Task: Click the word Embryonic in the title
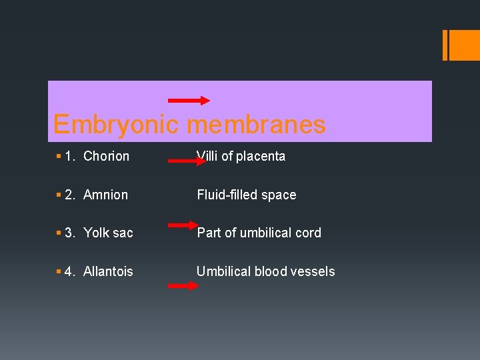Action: pyautogui.click(x=117, y=125)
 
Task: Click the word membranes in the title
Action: pyautogui.click(x=257, y=125)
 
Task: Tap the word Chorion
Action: pyautogui.click(x=107, y=156)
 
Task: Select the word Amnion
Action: pyautogui.click(x=106, y=195)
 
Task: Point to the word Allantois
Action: pyautogui.click(x=108, y=271)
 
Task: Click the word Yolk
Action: pyautogui.click(x=97, y=233)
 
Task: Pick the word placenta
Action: pyautogui.click(x=261, y=156)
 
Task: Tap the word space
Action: pyautogui.click(x=279, y=195)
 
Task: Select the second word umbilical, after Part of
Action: pyautogui.click(x=266, y=233)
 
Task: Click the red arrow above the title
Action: pyautogui.click(x=189, y=101)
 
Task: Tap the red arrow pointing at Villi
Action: pyautogui.click(x=187, y=161)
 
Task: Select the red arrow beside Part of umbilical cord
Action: pyautogui.click(x=183, y=226)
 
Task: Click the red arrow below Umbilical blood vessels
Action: pyautogui.click(x=183, y=285)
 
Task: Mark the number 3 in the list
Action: pyautogui.click(x=70, y=233)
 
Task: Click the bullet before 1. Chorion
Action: pyautogui.click(x=59, y=157)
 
